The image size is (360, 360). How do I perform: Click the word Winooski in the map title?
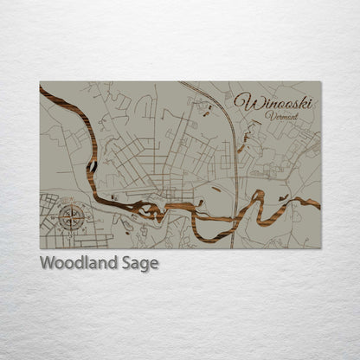(275, 103)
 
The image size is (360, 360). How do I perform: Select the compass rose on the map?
(71, 216)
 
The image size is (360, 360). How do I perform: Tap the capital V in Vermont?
(268, 116)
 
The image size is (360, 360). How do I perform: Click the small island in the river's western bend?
(90, 164)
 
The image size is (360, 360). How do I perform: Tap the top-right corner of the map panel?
(320, 82)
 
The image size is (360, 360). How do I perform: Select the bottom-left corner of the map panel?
(40, 248)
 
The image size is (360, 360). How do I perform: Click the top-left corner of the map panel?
(40, 82)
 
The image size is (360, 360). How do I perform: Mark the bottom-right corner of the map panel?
(320, 248)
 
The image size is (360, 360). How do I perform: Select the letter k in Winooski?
(305, 102)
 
